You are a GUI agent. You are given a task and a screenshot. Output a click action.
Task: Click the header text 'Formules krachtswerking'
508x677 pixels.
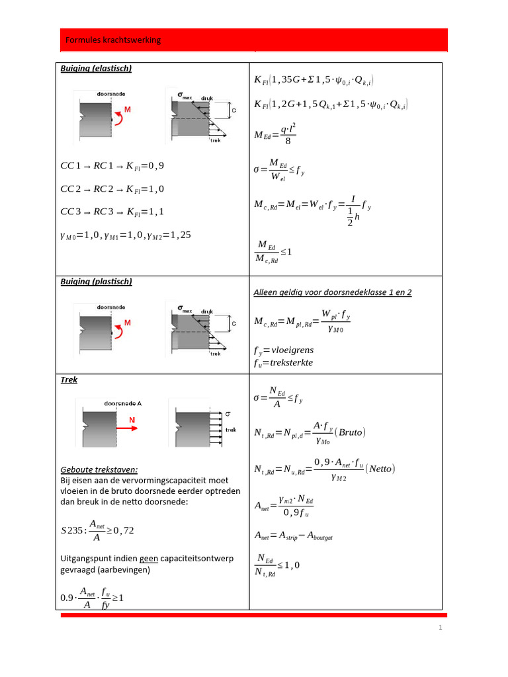pyautogui.click(x=113, y=40)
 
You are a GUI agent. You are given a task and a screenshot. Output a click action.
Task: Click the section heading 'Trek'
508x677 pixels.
pyautogui.click(x=69, y=380)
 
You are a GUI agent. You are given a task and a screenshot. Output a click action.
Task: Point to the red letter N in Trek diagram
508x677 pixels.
pyautogui.click(x=132, y=419)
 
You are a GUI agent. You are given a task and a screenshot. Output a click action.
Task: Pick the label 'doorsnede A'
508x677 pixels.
pyautogui.click(x=123, y=403)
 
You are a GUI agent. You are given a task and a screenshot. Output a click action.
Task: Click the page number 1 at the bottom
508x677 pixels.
pyautogui.click(x=440, y=628)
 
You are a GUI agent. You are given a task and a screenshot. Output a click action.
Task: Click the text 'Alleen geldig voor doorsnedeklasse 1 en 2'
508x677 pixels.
pyautogui.click(x=333, y=292)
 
